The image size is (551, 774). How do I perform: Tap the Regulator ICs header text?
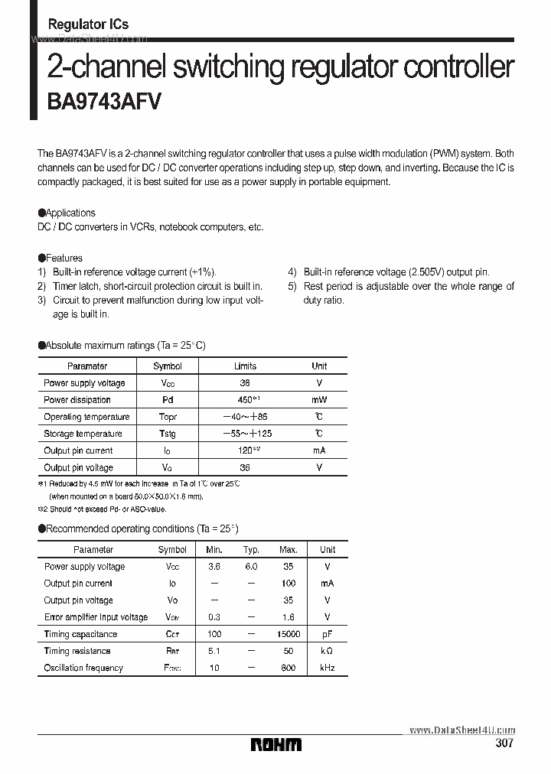click(88, 24)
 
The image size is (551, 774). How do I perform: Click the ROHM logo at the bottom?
click(276, 744)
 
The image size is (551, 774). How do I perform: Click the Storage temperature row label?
click(83, 434)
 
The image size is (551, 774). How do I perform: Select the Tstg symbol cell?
click(168, 434)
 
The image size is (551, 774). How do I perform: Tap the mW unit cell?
click(319, 400)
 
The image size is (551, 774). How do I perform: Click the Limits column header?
click(245, 366)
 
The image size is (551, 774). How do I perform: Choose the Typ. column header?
click(251, 550)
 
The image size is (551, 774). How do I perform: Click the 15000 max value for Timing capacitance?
click(289, 634)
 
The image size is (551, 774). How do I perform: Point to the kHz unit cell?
click(327, 668)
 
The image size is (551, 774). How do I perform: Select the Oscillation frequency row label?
click(83, 668)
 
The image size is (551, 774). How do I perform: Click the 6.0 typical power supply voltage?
click(251, 567)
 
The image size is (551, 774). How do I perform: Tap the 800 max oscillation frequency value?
click(289, 668)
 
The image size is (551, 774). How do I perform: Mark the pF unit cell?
click(327, 634)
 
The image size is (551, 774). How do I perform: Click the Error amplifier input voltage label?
click(96, 617)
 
